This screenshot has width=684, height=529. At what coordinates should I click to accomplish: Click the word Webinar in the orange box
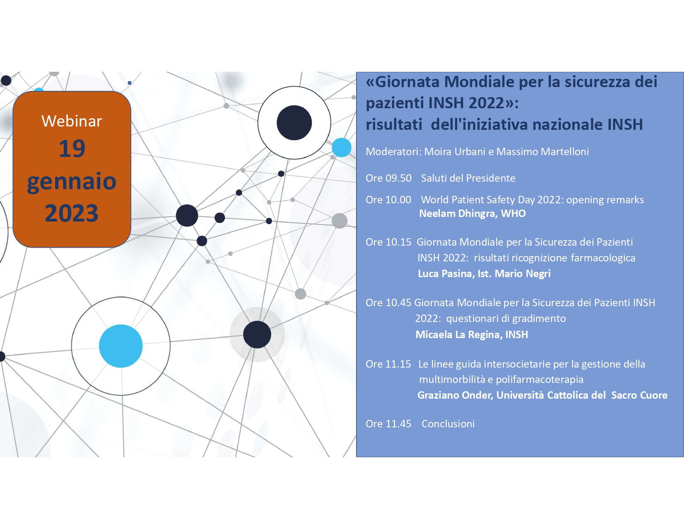(x=72, y=121)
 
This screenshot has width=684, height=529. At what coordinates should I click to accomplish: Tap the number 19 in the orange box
(x=72, y=149)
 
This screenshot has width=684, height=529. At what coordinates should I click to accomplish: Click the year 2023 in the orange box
(x=72, y=213)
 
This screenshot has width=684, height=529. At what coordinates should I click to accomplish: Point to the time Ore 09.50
(x=388, y=178)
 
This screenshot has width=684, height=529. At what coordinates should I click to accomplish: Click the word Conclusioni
(x=448, y=424)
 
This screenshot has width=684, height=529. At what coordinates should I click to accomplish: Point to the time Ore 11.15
(x=388, y=364)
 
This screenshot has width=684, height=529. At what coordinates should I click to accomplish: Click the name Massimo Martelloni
(x=542, y=152)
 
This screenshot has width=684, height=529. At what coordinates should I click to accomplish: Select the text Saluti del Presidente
(x=468, y=178)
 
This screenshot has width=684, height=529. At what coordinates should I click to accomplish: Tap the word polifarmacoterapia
(x=539, y=380)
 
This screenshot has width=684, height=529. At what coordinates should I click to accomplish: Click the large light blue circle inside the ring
(x=121, y=346)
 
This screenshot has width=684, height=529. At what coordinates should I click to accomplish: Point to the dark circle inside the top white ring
(x=294, y=122)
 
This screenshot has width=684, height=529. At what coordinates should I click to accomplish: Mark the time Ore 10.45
(x=388, y=303)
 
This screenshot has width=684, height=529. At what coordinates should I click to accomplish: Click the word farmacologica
(x=603, y=258)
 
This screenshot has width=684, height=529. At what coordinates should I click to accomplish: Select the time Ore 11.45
(x=388, y=424)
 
